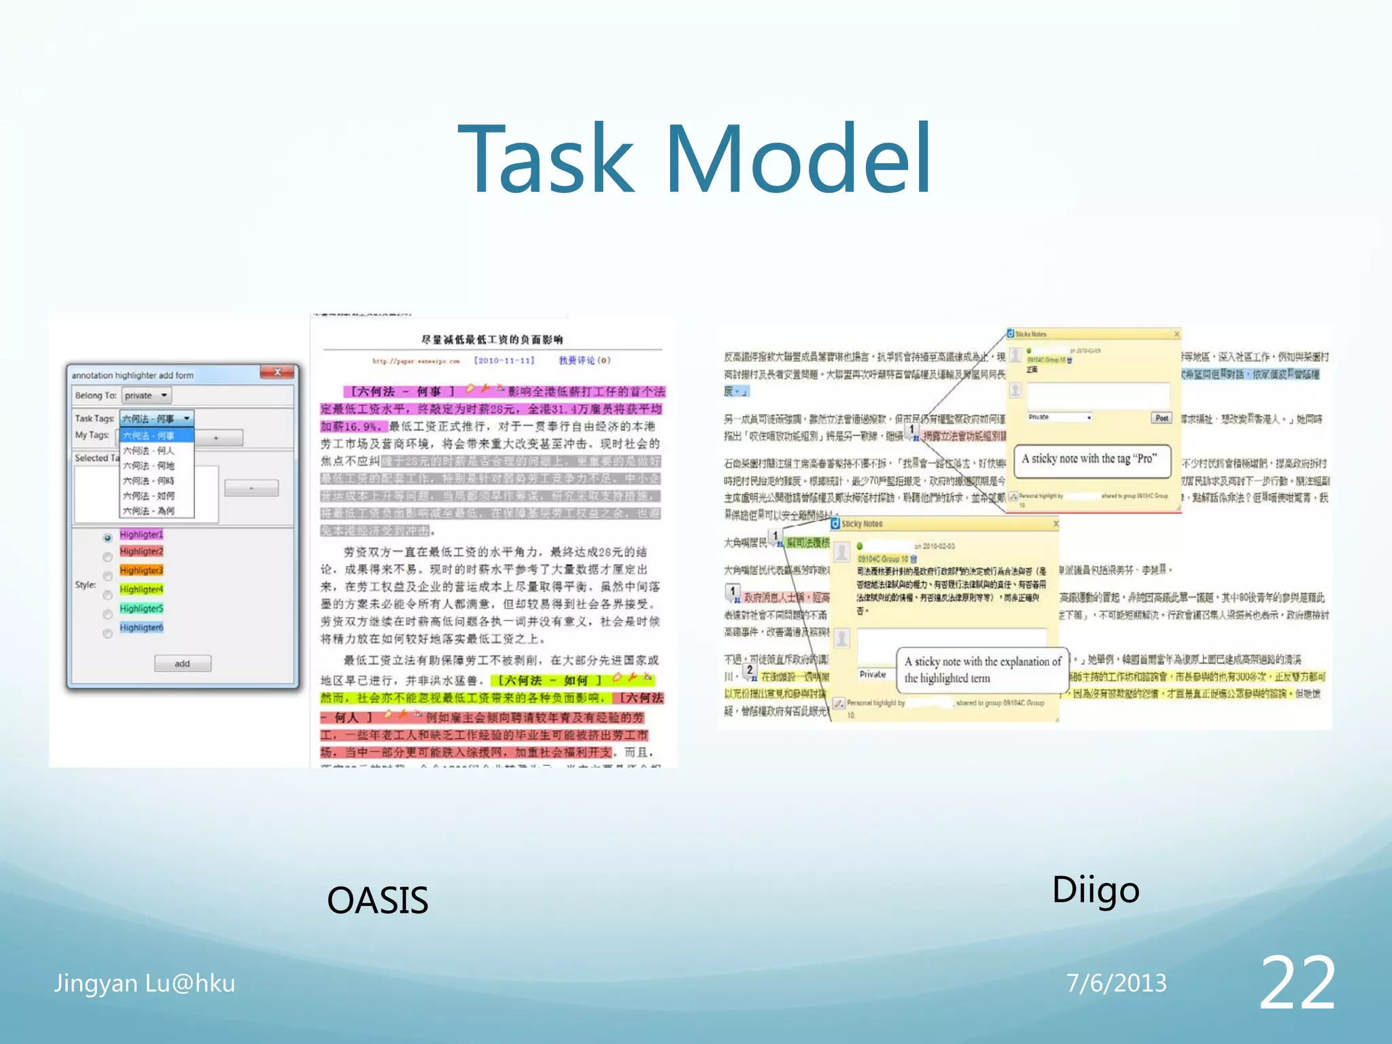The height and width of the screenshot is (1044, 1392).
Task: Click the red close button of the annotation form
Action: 278,372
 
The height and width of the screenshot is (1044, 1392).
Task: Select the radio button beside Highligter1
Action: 107,538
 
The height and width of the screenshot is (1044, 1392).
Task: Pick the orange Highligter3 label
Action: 141,570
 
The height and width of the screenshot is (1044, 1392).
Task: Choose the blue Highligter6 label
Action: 141,627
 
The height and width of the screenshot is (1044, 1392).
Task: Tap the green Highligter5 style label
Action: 141,608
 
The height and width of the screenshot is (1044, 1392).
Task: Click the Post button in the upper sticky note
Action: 1162,418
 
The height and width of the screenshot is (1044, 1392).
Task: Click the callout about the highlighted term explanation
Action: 982,669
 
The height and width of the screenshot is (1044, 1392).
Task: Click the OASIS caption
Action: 377,901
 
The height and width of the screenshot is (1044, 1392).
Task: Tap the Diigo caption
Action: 1095,890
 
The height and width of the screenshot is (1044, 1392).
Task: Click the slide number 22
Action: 1297,982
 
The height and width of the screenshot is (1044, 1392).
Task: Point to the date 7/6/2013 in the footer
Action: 1116,984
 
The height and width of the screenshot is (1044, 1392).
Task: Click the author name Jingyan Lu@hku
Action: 145,984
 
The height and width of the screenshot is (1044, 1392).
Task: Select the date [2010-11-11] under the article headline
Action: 504,360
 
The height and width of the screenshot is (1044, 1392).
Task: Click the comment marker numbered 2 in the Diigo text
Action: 750,670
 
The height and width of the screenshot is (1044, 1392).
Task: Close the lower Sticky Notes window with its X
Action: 1056,523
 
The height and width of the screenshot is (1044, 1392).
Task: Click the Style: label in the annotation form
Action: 86,585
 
